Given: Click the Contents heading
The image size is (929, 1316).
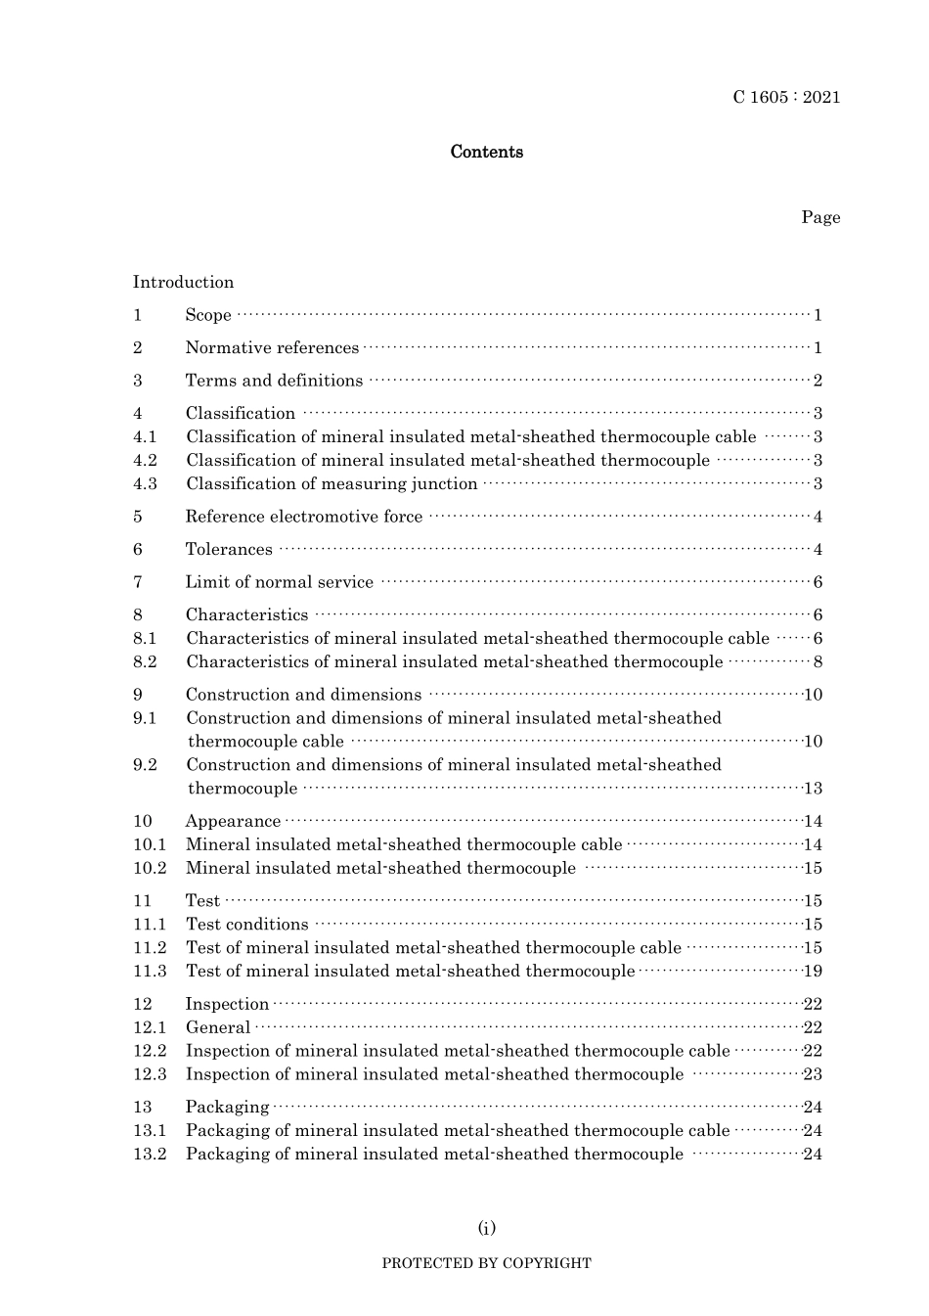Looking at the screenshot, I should [486, 152].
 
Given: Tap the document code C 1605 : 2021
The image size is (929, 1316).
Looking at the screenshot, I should [786, 97].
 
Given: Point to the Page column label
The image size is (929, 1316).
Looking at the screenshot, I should [820, 217].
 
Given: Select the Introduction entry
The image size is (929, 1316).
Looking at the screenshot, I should [184, 282].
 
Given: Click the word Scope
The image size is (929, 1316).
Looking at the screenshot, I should [208, 315].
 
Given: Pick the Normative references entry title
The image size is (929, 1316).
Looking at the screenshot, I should [272, 347].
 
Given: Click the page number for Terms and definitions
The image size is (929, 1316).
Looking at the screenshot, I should [818, 381].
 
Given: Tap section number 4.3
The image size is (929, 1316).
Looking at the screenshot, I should [145, 483].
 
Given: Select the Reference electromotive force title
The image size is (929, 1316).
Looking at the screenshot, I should [304, 517].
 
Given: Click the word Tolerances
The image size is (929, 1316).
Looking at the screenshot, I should [229, 549].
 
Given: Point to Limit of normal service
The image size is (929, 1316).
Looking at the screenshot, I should [280, 582].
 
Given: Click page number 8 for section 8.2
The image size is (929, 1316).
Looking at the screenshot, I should [818, 661].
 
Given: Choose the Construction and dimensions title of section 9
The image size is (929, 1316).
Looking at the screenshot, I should [303, 695].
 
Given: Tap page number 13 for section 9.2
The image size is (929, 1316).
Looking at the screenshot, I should [813, 789].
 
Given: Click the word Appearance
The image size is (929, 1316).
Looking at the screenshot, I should [233, 821].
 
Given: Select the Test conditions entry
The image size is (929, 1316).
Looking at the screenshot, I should [246, 924].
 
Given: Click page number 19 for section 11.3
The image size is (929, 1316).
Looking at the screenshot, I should [813, 971].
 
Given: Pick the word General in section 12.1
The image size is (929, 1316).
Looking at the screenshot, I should [218, 1027].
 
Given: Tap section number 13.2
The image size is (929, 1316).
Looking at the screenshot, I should [150, 1154].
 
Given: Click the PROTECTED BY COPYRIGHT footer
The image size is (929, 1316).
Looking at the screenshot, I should [486, 1263].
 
